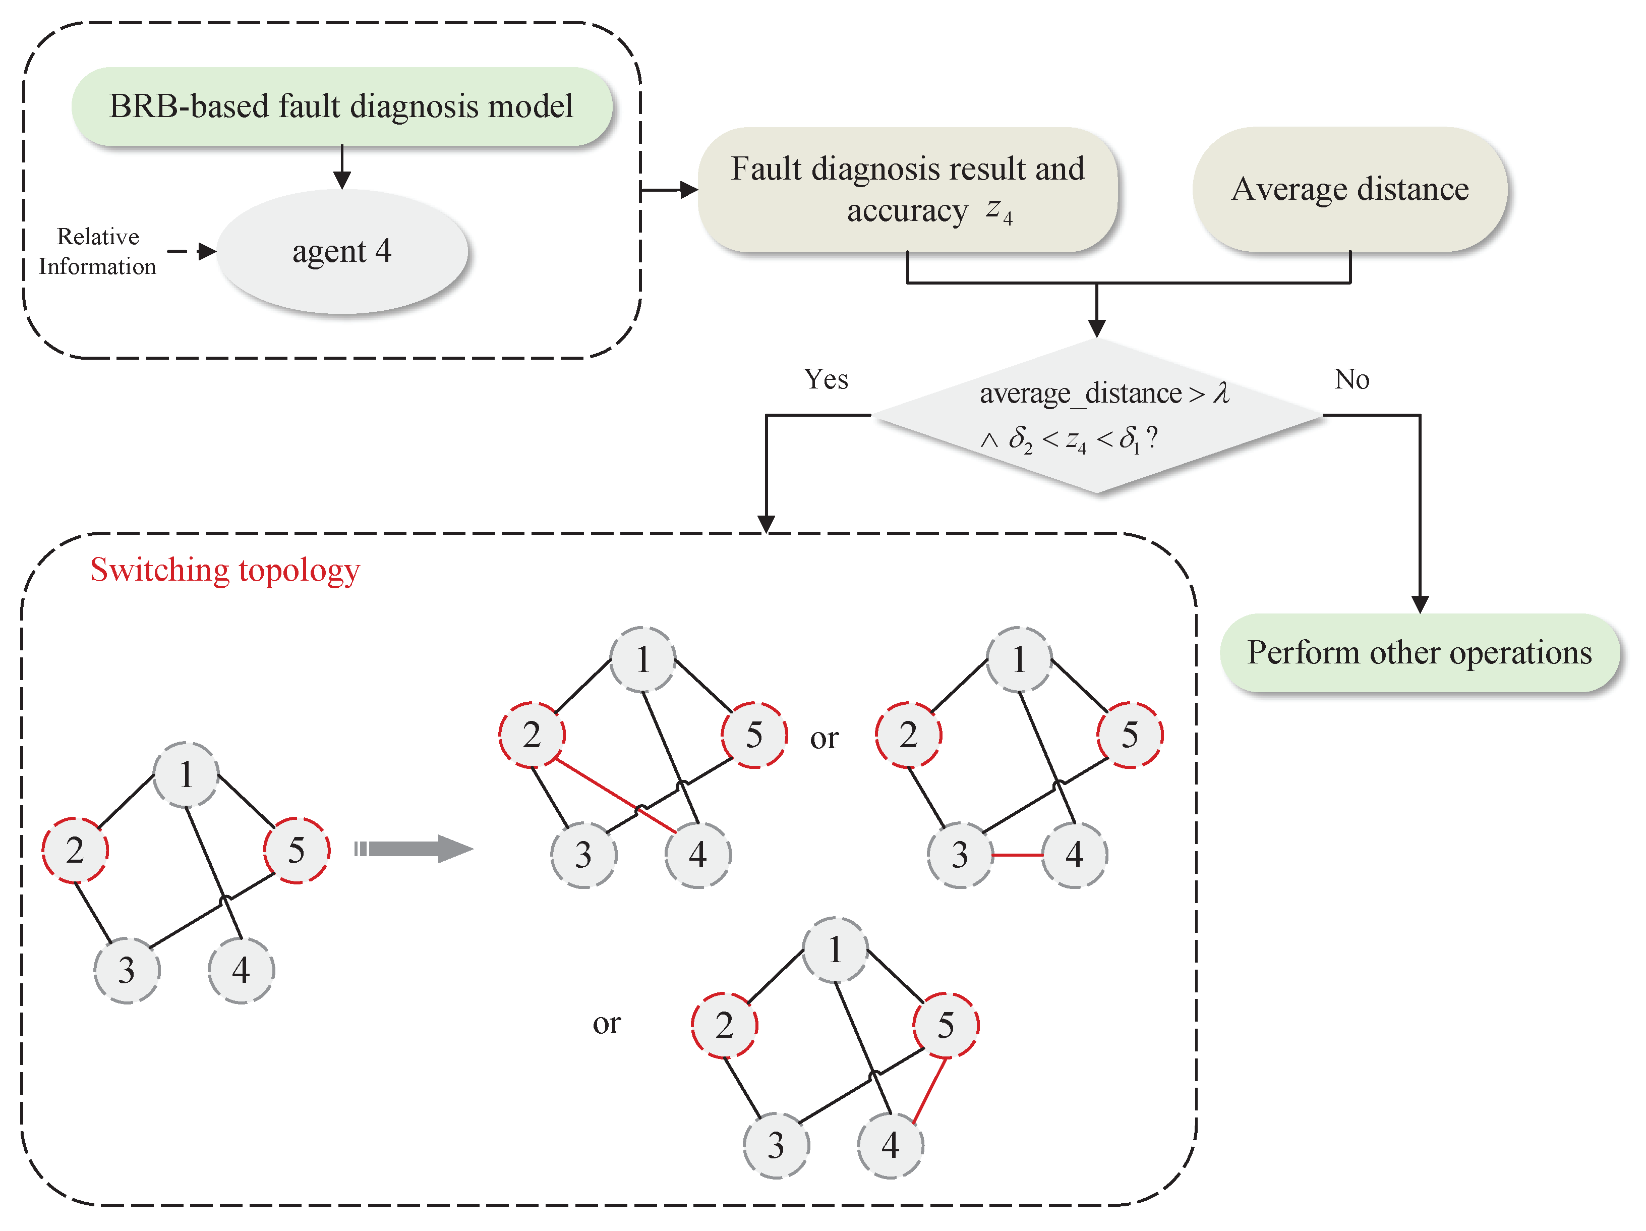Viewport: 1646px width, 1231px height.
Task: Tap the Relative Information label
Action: (97, 252)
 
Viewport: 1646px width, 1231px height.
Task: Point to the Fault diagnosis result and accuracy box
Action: (907, 190)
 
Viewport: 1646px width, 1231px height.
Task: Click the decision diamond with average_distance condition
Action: (1097, 415)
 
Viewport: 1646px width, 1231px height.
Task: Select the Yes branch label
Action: (825, 379)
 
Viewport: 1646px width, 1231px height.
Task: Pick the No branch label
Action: (1351, 379)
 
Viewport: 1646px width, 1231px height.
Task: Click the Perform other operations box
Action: (1419, 653)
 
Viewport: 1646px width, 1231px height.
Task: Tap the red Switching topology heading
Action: (225, 570)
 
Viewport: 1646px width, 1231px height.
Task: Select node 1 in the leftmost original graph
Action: (186, 775)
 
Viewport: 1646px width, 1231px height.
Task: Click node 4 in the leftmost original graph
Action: (241, 971)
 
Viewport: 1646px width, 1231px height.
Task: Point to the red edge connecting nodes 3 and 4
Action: (1017, 855)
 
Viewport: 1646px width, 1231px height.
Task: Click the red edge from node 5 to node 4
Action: (930, 1090)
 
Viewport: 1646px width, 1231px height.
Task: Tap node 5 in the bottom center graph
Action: (946, 1026)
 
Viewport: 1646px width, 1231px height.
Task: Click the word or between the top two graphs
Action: (824, 738)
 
